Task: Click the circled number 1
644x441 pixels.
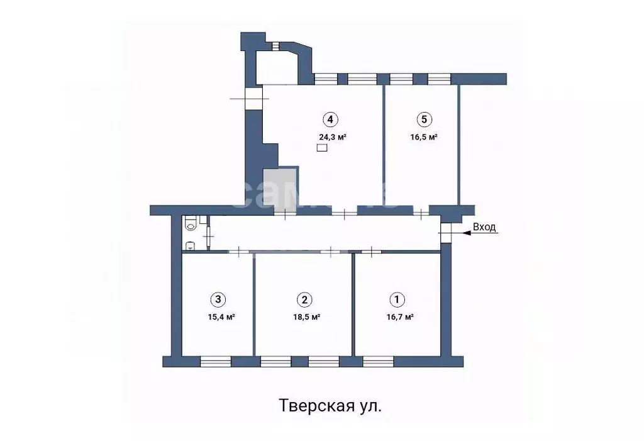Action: tap(397, 299)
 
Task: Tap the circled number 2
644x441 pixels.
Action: tap(304, 299)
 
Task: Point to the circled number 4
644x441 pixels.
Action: tap(330, 119)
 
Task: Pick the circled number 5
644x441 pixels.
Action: tap(423, 119)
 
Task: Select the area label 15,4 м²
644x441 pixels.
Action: tap(221, 317)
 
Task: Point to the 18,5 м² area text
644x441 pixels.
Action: tap(306, 317)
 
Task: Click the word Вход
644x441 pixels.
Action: tap(484, 228)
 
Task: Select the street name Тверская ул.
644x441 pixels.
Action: tap(330, 406)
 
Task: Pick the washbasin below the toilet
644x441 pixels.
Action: tap(191, 245)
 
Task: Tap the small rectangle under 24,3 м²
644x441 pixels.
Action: tap(322, 148)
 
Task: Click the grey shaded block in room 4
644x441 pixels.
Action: tap(280, 187)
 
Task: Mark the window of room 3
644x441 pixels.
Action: tap(216, 361)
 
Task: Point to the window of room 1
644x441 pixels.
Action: tap(378, 361)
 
